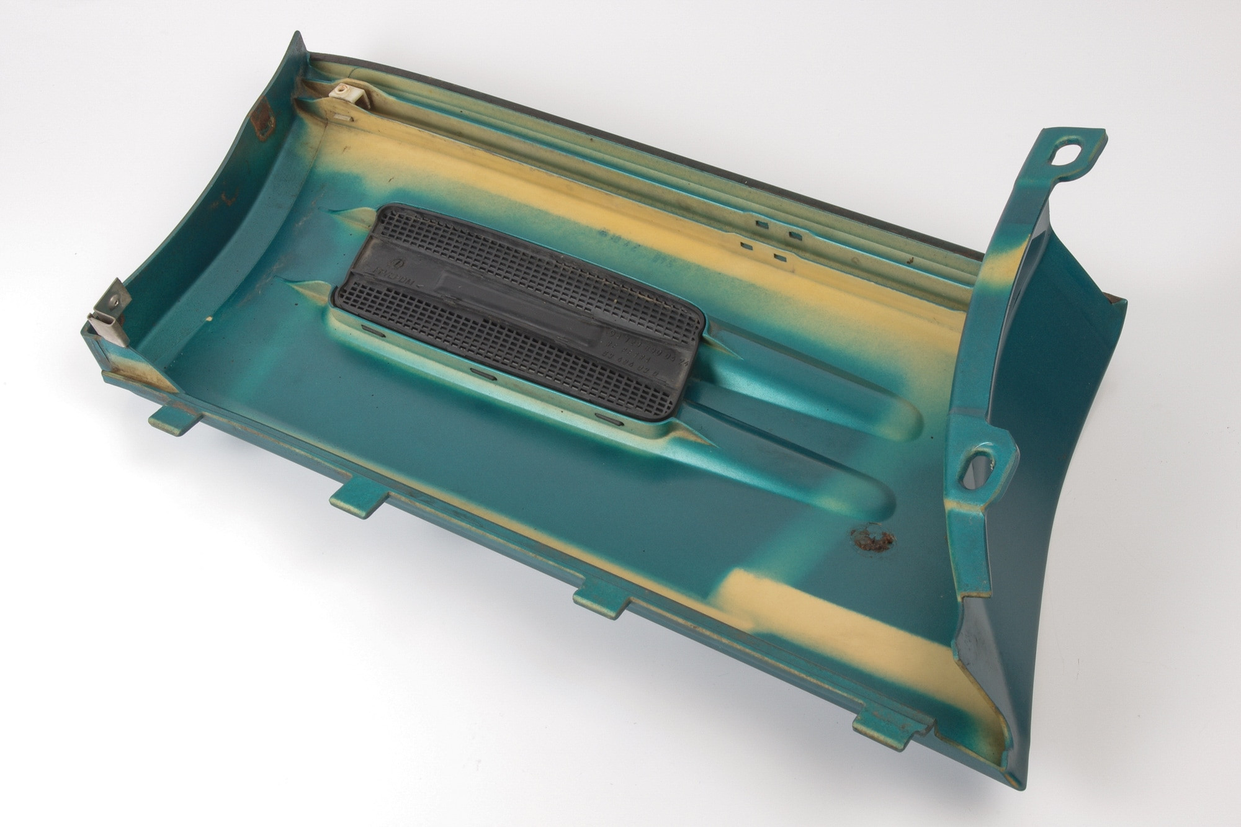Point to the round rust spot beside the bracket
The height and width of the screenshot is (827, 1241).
point(872,539)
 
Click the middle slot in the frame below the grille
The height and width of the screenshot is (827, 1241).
point(483,374)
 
